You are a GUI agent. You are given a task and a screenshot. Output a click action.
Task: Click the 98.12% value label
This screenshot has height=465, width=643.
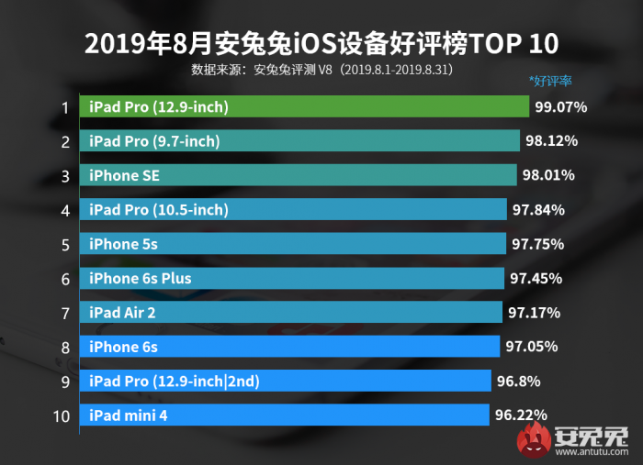tap(551, 141)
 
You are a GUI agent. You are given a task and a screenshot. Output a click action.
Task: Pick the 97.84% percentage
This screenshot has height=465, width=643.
tap(538, 210)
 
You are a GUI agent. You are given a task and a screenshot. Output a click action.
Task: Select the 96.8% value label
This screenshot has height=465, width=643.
tap(519, 381)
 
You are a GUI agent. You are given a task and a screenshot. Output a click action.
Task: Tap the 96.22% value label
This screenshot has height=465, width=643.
tap(521, 415)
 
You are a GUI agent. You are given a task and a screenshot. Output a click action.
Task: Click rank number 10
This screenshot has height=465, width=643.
tap(62, 415)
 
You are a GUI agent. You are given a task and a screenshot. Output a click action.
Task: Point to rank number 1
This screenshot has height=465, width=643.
tap(64, 107)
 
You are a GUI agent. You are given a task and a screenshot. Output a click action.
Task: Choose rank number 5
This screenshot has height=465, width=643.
tap(64, 244)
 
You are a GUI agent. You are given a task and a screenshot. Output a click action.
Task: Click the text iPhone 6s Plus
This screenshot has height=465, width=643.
tap(141, 278)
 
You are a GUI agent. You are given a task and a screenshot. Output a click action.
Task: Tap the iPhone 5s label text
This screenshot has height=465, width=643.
tap(123, 244)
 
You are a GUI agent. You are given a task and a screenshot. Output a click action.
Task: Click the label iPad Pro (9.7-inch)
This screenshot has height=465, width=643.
tap(154, 141)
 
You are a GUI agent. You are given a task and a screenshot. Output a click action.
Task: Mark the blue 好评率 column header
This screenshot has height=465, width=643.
tap(551, 81)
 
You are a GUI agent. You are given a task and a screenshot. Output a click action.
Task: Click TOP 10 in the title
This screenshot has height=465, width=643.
tap(513, 43)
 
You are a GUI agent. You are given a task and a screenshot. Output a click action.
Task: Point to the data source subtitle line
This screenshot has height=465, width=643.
tap(321, 69)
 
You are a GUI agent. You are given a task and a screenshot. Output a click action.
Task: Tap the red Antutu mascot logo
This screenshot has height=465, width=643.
tap(533, 440)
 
